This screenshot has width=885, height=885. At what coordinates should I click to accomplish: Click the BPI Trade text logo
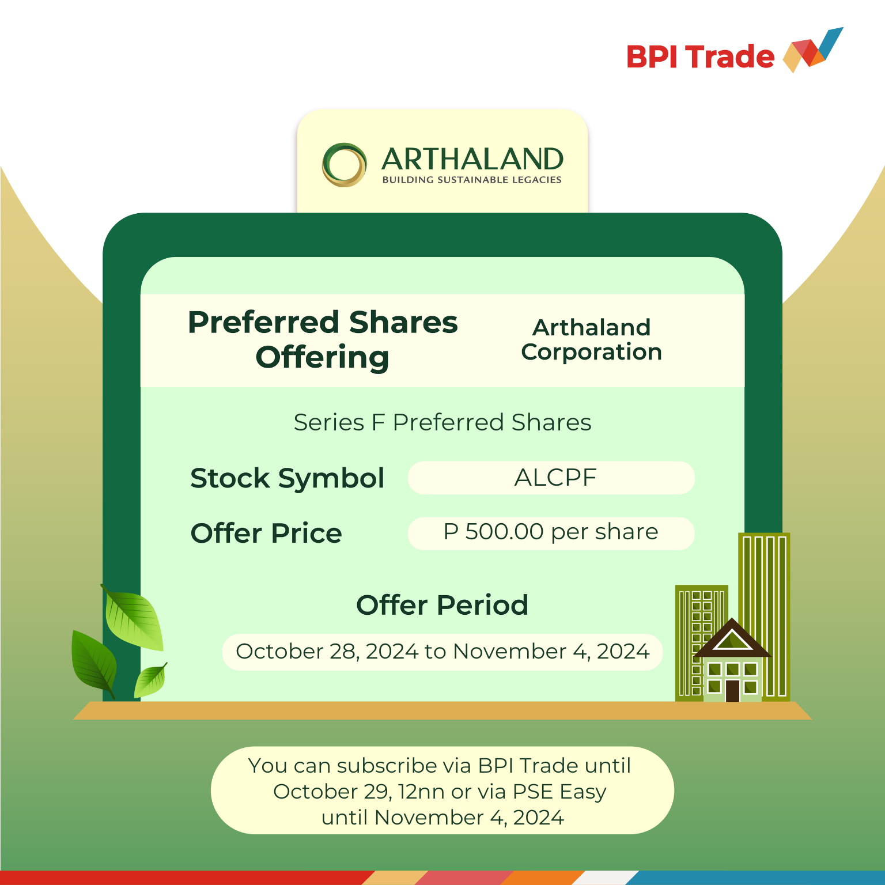[x=700, y=57]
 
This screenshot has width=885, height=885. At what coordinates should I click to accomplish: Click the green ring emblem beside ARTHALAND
[x=344, y=165]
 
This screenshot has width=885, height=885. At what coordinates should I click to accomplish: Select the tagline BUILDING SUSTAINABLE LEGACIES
[x=472, y=180]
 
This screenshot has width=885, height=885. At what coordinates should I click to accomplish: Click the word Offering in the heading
[x=323, y=357]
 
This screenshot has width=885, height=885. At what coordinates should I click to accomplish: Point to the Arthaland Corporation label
[x=592, y=339]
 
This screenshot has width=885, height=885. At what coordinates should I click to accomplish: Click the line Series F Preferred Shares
[x=442, y=422]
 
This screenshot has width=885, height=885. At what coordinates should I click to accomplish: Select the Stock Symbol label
[x=287, y=478]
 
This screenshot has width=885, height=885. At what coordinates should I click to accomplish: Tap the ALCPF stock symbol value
[x=555, y=478]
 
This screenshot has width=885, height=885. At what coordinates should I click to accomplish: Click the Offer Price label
[x=266, y=533]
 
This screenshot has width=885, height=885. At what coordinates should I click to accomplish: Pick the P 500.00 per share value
[x=550, y=532]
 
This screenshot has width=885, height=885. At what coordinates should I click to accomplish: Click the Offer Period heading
[x=442, y=605]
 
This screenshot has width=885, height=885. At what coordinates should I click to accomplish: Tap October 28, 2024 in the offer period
[x=327, y=652]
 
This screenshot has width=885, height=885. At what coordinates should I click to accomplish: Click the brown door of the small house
[x=732, y=690]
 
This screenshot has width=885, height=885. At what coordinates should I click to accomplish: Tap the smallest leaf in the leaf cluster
[x=151, y=680]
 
